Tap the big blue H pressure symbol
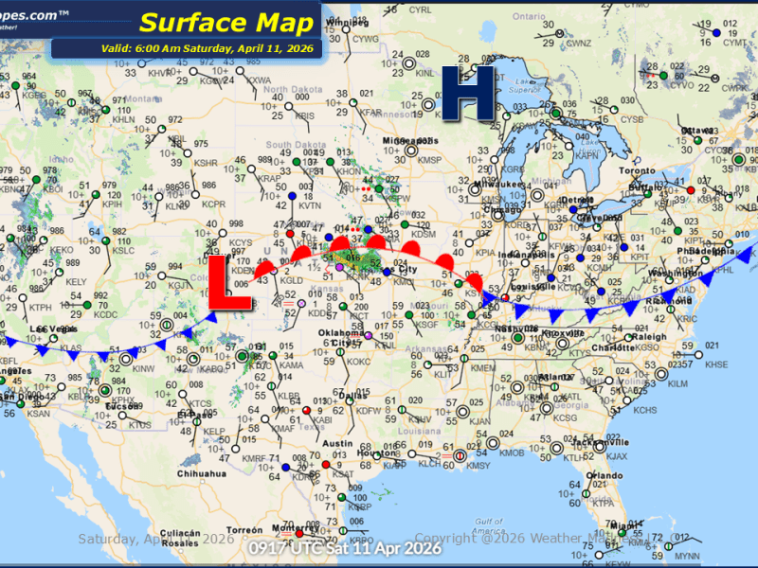[469, 93]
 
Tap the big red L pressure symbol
[228, 283]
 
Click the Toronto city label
[637, 171]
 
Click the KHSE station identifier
[717, 364]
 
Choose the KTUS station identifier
[139, 425]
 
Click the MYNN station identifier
[687, 555]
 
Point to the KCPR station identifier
[214, 204]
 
